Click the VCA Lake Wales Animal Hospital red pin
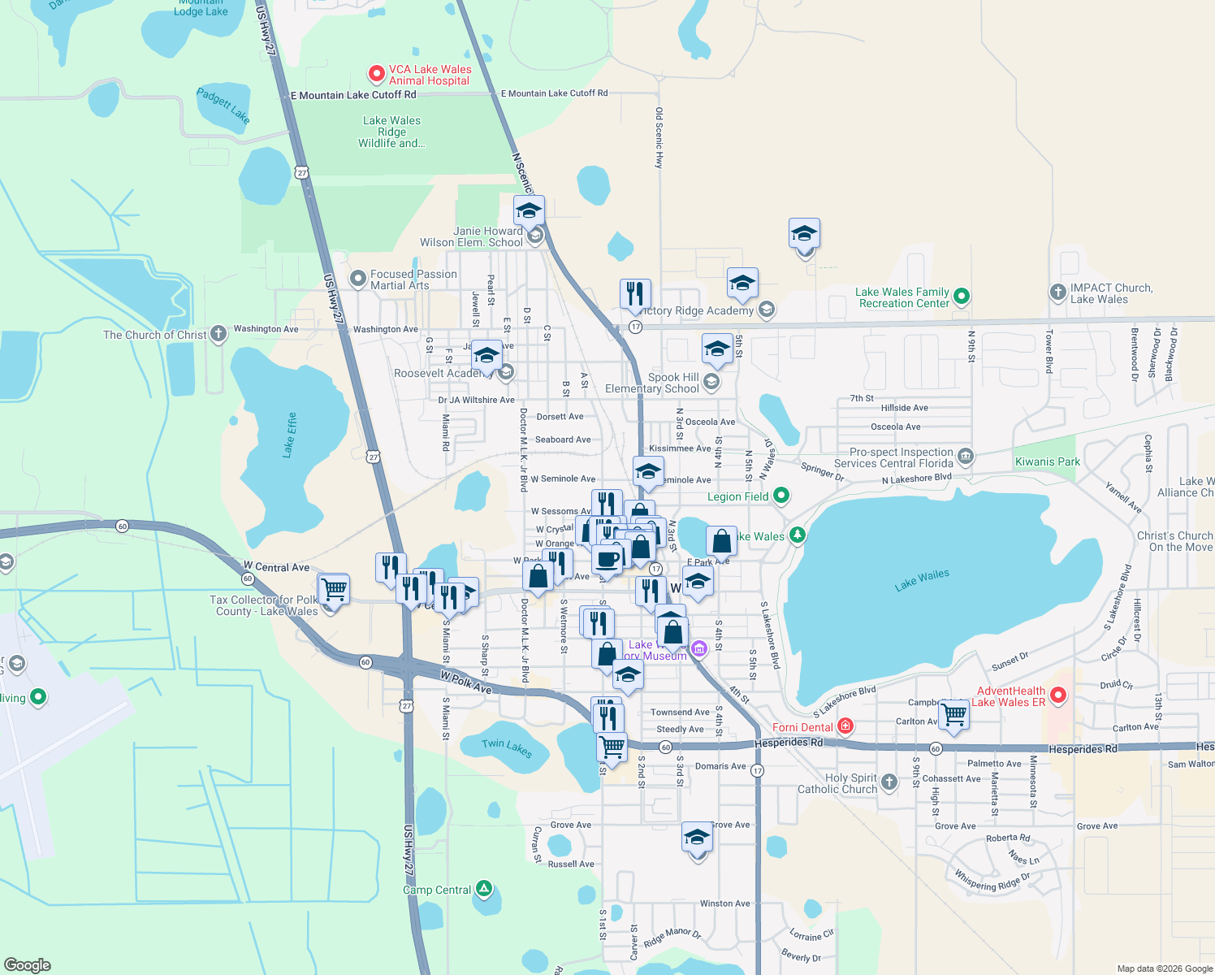(x=377, y=75)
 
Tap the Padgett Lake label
(x=223, y=106)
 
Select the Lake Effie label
(x=289, y=435)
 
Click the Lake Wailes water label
(x=922, y=580)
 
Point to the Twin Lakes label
(x=507, y=748)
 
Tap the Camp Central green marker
(x=484, y=889)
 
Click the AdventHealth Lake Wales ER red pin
(x=1057, y=695)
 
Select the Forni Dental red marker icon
(x=845, y=726)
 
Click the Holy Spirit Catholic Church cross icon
(x=889, y=782)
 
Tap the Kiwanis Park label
(x=1048, y=461)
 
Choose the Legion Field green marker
(x=781, y=495)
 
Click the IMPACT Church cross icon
(x=1057, y=292)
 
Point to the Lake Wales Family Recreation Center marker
(x=962, y=297)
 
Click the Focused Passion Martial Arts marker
(x=358, y=279)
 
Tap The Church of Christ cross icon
(x=218, y=334)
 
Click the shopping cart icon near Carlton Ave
(x=953, y=715)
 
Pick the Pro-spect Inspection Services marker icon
(x=966, y=457)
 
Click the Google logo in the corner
(x=28, y=964)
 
